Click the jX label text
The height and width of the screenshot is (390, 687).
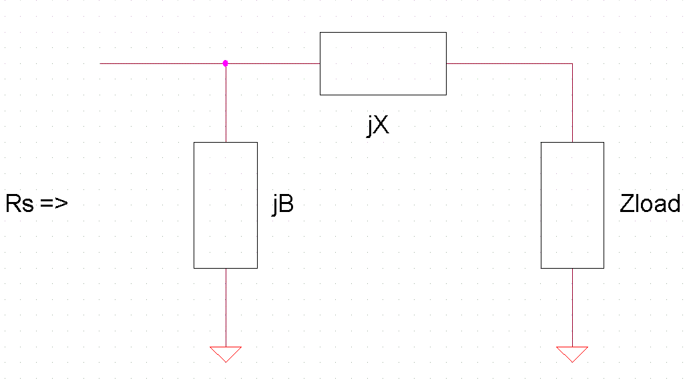tap(378, 125)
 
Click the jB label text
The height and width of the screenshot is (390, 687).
tap(282, 205)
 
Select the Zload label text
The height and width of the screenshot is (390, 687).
tap(650, 203)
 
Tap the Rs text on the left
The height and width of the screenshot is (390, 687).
tap(19, 203)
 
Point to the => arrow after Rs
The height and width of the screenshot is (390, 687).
tap(54, 204)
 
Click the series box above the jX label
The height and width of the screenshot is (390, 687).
tap(383, 63)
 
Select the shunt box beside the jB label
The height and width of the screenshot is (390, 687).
tap(226, 205)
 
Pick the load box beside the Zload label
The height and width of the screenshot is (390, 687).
tap(572, 205)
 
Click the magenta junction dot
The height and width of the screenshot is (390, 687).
tap(226, 63)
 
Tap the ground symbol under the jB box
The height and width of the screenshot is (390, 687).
tap(226, 353)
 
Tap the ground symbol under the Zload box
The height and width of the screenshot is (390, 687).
tap(572, 353)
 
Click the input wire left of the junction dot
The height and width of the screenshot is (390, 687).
tap(160, 63)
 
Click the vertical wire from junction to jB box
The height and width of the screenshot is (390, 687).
tap(226, 103)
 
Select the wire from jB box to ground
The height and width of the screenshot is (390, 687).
tap(226, 307)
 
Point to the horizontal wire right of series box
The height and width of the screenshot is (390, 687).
tap(507, 63)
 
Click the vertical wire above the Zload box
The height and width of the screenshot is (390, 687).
tap(572, 103)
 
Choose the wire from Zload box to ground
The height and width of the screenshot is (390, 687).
tap(572, 307)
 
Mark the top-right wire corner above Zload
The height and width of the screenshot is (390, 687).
tap(572, 63)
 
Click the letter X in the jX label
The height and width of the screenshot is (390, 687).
tap(381, 125)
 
